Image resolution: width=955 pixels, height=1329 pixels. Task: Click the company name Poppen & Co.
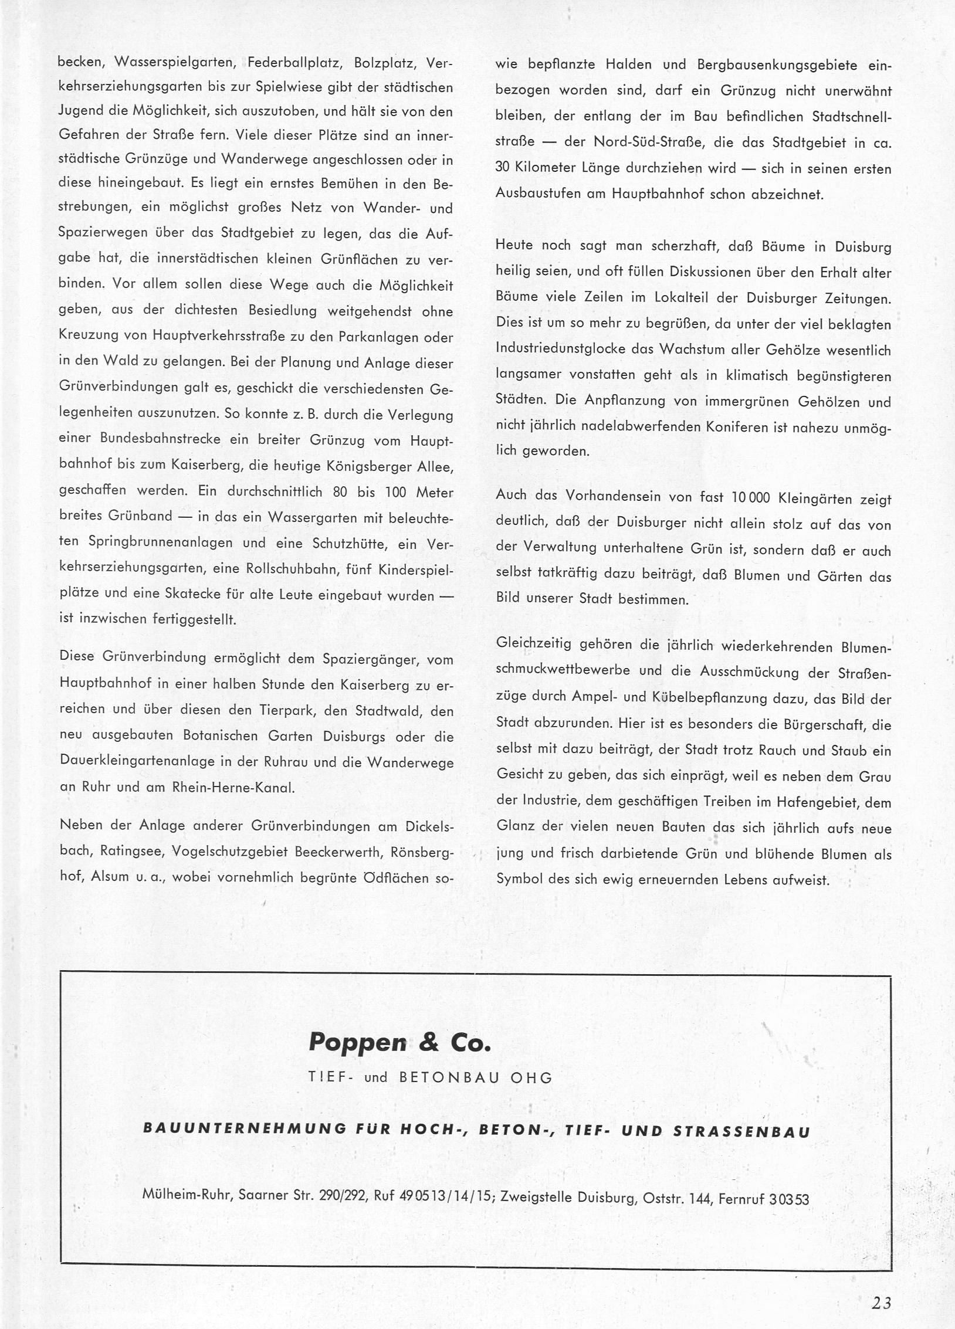(x=399, y=1042)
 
